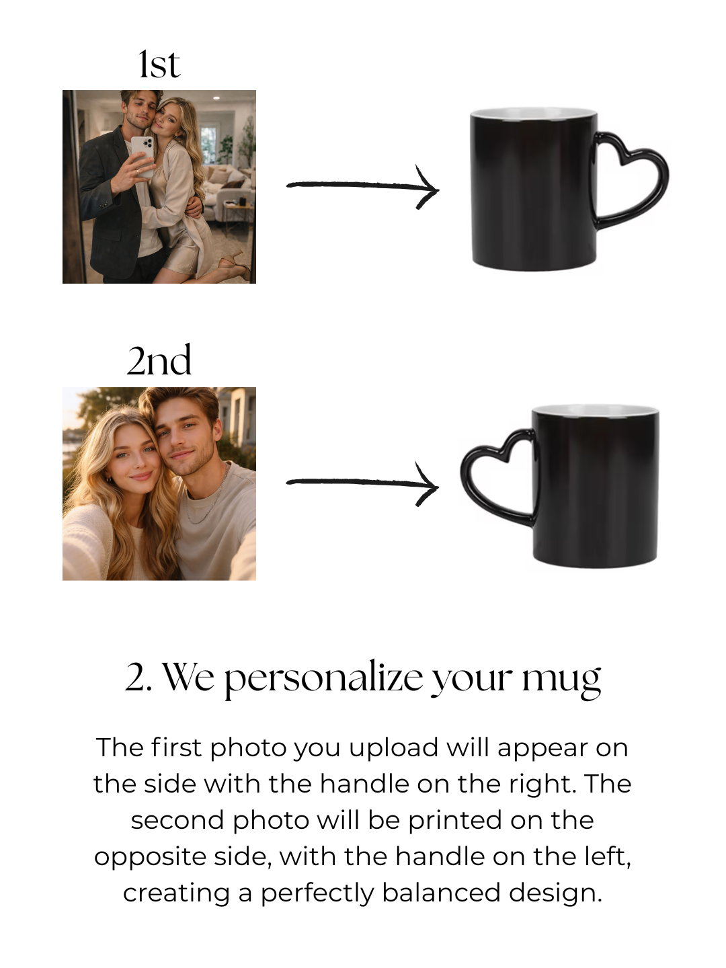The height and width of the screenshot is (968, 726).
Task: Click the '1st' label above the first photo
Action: coord(159,65)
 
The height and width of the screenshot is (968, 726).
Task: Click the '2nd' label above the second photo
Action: coord(159,360)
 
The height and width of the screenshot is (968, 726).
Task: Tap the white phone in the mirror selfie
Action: coord(143,157)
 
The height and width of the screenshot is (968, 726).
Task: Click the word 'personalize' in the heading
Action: coord(324,679)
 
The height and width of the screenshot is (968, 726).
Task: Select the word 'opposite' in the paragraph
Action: coord(151,858)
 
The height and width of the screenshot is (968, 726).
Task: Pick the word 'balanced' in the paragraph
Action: coord(441,893)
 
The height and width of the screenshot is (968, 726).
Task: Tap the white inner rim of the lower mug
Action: coord(596,410)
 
